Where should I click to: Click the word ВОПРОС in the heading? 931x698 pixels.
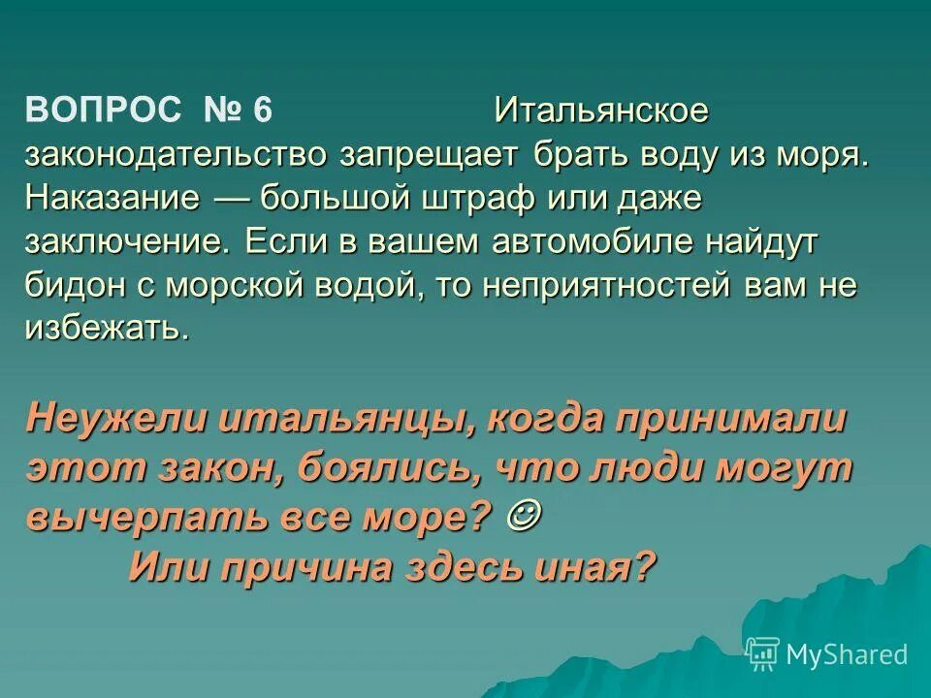click(x=103, y=111)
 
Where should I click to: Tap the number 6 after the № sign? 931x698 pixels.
click(x=263, y=111)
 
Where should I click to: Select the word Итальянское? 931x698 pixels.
click(x=601, y=111)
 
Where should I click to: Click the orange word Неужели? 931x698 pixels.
click(x=115, y=421)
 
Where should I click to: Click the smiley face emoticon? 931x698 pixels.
click(x=525, y=514)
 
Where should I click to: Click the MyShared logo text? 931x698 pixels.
click(x=846, y=654)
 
